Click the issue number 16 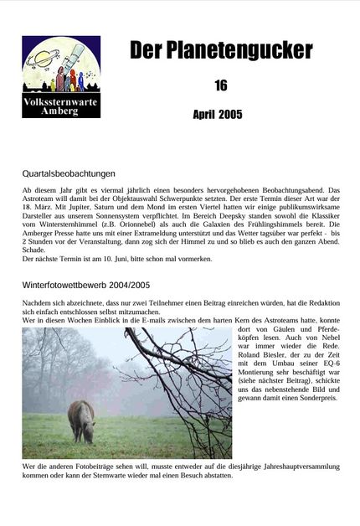pos(220,85)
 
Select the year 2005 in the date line pos(230,114)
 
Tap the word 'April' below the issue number pos(205,114)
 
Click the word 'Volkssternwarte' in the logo pos(60,102)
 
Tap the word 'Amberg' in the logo pos(60,111)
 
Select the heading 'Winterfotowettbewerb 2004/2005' pos(86,285)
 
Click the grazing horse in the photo pos(81,419)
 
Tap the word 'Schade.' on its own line pos(34,249)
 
